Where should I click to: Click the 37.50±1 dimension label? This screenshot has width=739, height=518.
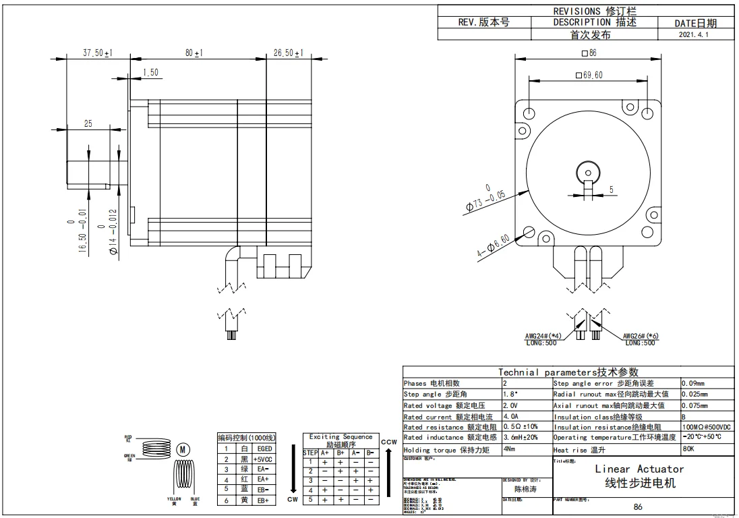(x=97, y=53)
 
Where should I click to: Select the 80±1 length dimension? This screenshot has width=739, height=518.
(x=194, y=53)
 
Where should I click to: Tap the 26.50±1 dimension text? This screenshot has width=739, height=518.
(x=288, y=53)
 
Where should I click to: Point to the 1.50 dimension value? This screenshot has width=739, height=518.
(x=150, y=73)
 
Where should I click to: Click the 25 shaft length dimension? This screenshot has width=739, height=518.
(x=88, y=123)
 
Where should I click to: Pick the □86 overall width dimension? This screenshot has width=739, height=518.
(x=589, y=53)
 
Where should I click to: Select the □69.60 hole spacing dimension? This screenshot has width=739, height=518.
(x=589, y=75)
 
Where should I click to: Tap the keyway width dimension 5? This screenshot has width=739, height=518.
(x=612, y=190)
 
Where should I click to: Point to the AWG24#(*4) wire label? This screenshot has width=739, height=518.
(x=543, y=336)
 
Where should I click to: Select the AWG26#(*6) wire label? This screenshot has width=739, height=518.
(x=641, y=336)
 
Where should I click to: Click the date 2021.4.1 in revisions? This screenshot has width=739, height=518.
(x=694, y=34)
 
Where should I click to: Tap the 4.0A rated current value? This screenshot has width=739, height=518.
(x=511, y=417)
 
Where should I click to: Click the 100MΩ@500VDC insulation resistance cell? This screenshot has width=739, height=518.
(x=707, y=427)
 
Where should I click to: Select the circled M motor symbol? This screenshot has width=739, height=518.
(x=183, y=450)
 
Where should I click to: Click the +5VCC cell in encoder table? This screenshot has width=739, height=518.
(x=263, y=459)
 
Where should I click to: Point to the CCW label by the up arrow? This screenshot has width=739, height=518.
(x=388, y=442)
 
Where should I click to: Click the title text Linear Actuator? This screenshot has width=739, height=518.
(x=639, y=469)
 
